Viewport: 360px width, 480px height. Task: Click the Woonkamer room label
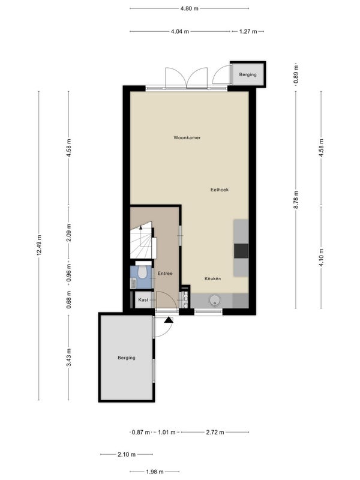coord(187,138)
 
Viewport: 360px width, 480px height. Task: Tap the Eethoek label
coord(220,190)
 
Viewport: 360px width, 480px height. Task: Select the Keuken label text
coord(213,278)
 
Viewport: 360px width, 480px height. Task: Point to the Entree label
coord(165,274)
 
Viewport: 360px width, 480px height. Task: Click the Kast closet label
coord(143,299)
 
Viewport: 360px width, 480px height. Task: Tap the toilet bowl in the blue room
coord(142,272)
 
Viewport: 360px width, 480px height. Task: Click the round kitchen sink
coord(215,301)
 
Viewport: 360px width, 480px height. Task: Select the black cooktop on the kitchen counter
coord(241,251)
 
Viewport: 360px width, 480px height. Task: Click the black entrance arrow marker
coord(169,320)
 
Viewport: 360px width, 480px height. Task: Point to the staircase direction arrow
coord(141,227)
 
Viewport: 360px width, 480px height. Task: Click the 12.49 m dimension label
coord(39,245)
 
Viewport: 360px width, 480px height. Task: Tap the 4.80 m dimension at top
coord(190,8)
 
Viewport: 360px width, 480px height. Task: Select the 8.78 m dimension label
coord(296,200)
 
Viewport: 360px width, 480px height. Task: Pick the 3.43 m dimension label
coord(69,358)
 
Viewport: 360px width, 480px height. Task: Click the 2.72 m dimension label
coord(215,432)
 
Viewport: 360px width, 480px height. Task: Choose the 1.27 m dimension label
coord(248,31)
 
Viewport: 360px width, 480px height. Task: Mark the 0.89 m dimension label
coord(296,74)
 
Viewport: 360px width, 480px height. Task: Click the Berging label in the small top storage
coord(248,74)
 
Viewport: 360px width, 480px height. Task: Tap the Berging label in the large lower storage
coord(127,358)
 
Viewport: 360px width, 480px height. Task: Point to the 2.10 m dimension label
coord(127,455)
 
